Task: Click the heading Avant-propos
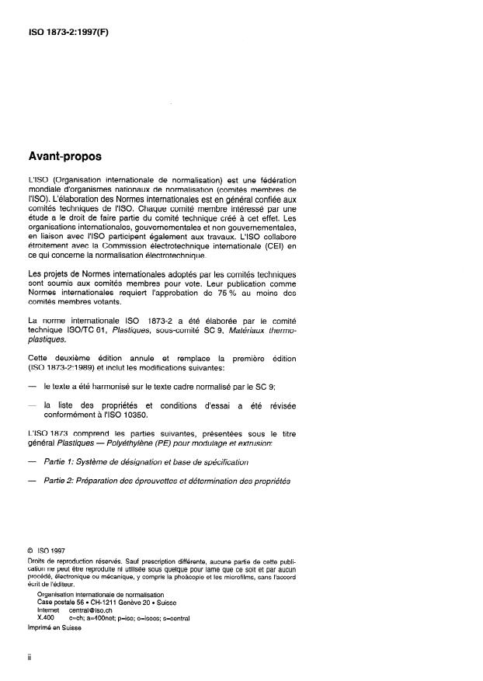pyautogui.click(x=64, y=156)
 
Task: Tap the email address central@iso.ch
pyautogui.click(x=89, y=611)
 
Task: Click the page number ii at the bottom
pyautogui.click(x=29, y=657)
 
